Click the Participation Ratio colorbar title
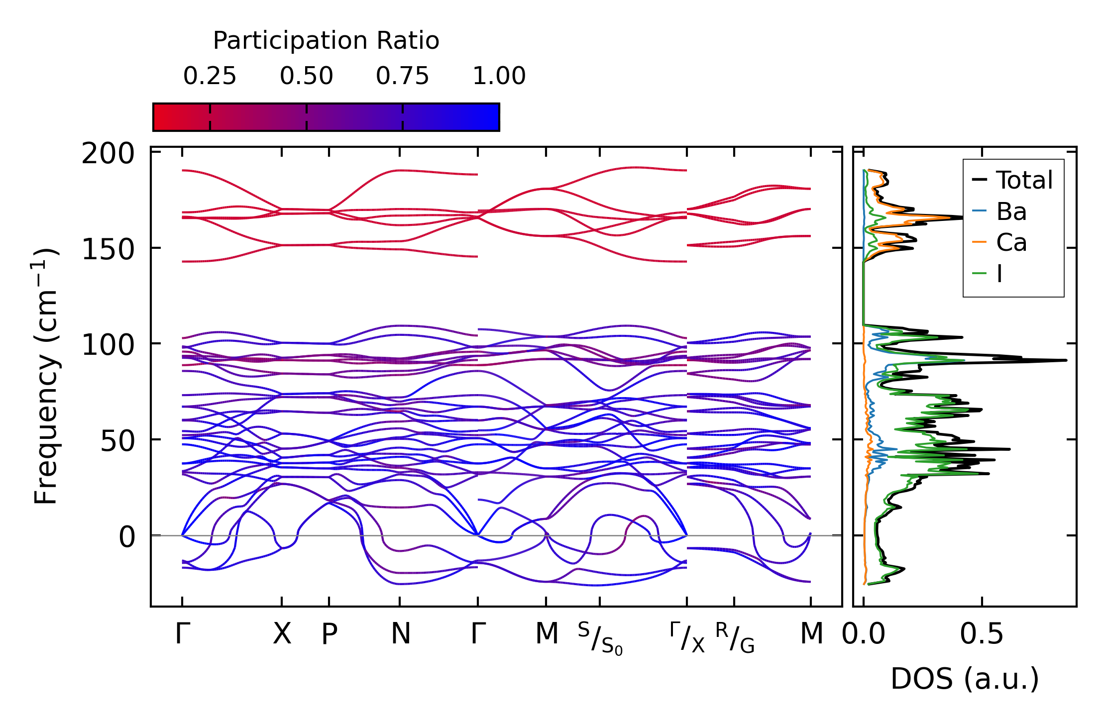[x=326, y=41]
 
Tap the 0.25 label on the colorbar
[x=210, y=77]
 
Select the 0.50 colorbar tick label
[x=306, y=77]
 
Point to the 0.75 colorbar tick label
[x=402, y=77]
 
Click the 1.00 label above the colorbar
[x=499, y=77]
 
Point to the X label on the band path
[x=282, y=634]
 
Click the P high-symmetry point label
[x=329, y=634]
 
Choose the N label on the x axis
[x=400, y=634]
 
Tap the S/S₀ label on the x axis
[x=600, y=638]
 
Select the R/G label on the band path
[x=735, y=637]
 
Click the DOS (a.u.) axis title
[x=965, y=679]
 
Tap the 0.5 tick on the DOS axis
[x=982, y=634]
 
